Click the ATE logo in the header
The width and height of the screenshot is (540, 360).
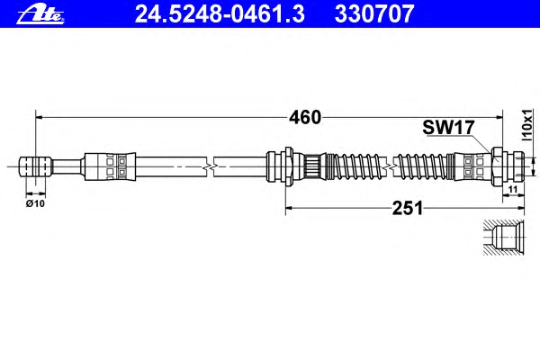pos(40,14)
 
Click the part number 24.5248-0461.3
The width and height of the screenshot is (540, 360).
pos(220,13)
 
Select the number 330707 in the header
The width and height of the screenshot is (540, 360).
pos(374,13)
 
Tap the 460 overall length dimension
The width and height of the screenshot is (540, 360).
pos(305,118)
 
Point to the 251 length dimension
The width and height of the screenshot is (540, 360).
pos(408,208)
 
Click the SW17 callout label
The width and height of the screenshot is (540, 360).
pos(448,128)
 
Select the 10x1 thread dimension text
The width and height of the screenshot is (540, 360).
pos(526,125)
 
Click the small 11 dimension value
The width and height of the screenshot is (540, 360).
pos(513,189)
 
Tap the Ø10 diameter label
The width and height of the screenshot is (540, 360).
pos(35,203)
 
